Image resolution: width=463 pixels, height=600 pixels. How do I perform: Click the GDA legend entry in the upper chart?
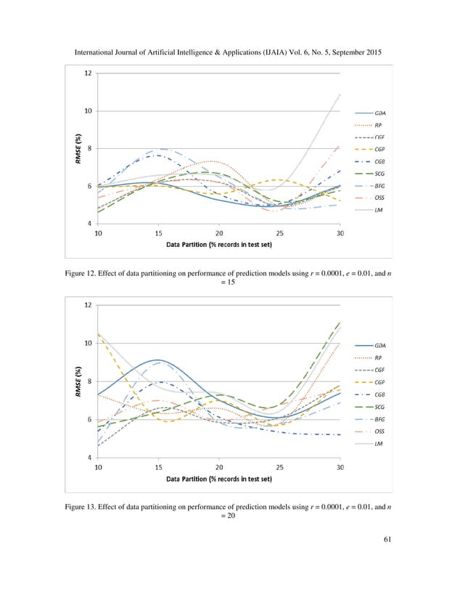380,113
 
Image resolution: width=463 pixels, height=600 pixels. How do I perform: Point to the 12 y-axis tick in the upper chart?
88,73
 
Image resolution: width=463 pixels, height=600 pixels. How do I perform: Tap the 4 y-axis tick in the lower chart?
89,458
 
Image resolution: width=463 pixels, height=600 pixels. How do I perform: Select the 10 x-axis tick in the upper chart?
98,233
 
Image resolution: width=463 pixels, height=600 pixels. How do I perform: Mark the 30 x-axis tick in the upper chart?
340,233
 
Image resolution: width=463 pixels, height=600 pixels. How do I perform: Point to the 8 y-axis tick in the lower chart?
89,381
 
